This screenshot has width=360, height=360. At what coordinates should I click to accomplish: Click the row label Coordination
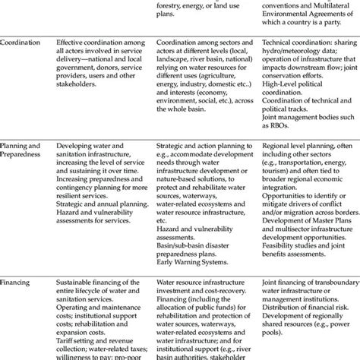pyautogui.click(x=21, y=45)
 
